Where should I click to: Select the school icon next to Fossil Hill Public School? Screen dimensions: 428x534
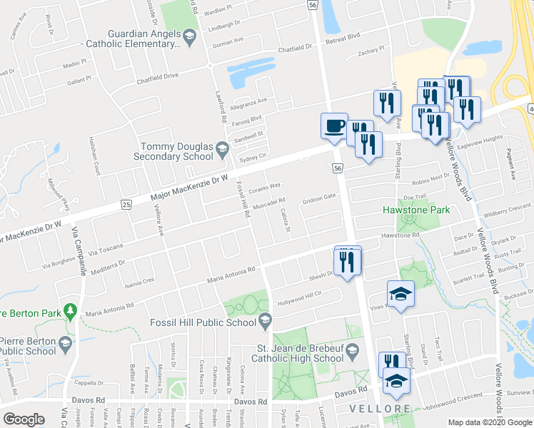(266, 318)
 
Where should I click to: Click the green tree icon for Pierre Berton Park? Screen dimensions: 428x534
(69, 311)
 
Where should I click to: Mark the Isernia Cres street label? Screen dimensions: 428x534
(139, 280)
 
